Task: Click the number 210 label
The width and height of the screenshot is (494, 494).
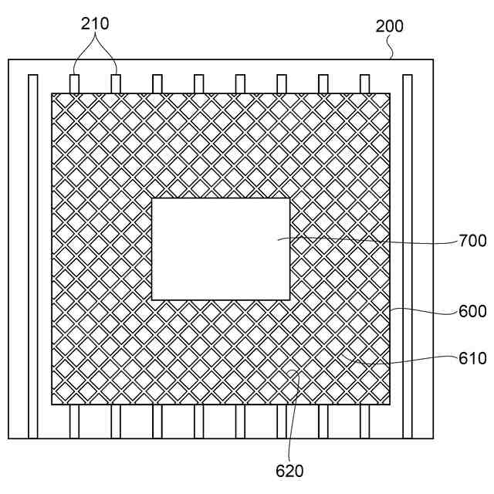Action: (95, 24)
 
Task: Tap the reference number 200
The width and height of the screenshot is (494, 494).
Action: (390, 26)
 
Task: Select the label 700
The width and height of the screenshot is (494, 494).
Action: (472, 241)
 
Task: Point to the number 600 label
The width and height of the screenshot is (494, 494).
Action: (472, 311)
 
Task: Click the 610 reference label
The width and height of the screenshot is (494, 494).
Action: (472, 358)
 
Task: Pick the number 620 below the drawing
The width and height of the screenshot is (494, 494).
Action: (289, 470)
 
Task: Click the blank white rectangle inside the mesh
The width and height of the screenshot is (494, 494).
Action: (221, 249)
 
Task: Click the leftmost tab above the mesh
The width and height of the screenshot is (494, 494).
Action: (74, 84)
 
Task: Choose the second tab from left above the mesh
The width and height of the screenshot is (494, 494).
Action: (116, 84)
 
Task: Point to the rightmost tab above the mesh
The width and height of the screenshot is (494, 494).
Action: (365, 84)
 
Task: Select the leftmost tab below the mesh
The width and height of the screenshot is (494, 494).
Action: (74, 421)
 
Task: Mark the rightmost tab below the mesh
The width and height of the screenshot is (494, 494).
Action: (365, 421)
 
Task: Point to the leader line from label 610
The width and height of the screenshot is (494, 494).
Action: (401, 360)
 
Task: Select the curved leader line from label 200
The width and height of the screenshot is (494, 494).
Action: (393, 48)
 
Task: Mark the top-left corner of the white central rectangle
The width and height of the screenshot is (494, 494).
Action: (152, 198)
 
